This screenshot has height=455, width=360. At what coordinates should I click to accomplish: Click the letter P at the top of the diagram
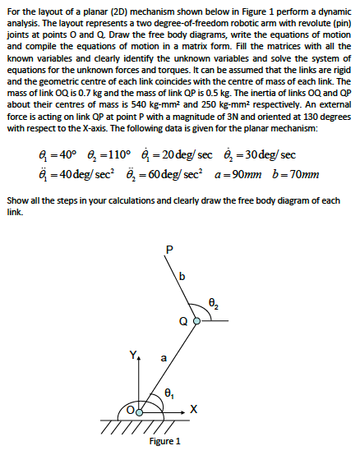pos(170,250)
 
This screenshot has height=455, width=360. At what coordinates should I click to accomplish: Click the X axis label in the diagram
pos(194,410)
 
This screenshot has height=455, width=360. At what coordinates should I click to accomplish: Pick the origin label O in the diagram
pos(130,409)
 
